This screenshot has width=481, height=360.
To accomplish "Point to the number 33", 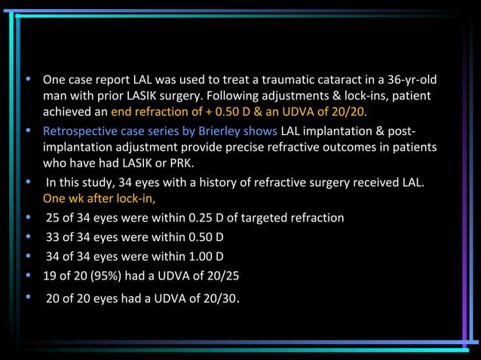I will pos(53,236).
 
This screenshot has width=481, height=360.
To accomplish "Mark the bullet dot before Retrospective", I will pos(28,131).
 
